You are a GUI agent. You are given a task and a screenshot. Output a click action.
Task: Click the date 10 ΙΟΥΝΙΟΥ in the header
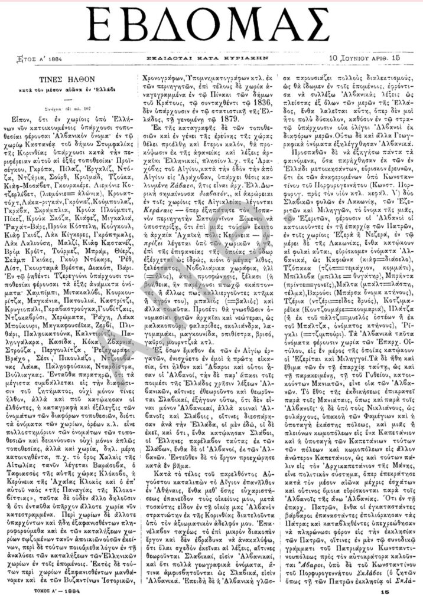[x=352, y=58]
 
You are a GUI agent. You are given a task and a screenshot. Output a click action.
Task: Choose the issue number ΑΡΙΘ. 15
[x=390, y=58]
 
